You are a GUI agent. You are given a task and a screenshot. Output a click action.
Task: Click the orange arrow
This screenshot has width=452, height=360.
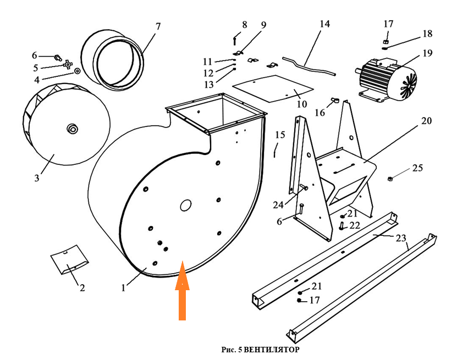point(182,291)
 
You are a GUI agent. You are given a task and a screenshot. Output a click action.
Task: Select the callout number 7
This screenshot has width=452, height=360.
point(158,26)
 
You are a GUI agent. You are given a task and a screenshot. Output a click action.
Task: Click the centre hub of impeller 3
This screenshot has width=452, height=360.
point(72,129)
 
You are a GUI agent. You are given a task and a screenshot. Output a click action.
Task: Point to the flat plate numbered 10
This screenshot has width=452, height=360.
point(272,88)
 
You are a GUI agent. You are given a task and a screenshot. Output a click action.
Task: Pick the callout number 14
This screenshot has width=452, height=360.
point(324,24)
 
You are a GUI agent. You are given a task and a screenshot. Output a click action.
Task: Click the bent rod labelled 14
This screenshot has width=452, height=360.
point(309,67)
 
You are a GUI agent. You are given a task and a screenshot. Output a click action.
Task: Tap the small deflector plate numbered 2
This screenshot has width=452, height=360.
point(69,259)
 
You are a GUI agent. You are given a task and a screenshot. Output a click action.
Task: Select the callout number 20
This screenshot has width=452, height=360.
point(426,120)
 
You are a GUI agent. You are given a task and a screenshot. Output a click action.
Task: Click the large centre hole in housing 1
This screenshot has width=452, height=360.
point(185,206)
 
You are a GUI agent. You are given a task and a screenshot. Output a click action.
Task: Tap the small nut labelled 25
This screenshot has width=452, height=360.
point(389,179)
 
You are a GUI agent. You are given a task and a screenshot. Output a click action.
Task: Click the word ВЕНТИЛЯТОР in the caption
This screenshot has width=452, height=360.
point(272,350)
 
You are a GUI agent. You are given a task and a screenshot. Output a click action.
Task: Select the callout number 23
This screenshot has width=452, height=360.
point(401,238)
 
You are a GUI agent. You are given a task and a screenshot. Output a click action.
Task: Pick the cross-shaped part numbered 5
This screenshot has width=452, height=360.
point(68,65)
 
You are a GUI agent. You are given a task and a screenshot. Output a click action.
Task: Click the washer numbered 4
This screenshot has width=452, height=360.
point(77,71)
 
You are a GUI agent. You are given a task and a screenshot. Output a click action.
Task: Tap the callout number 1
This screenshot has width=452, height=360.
point(123,287)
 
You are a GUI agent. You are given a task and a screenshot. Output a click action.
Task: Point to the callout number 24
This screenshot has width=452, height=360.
point(278,205)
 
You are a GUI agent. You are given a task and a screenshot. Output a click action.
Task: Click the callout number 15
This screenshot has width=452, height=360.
point(280,135)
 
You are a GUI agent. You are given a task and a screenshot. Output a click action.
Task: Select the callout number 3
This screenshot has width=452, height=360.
point(37,178)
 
